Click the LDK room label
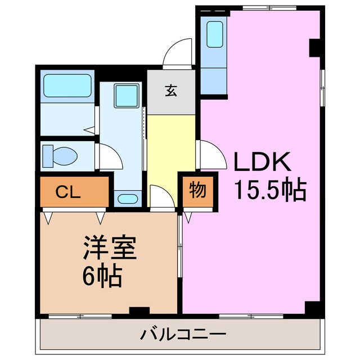(262, 164)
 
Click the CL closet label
(68, 191)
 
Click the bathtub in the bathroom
(67, 86)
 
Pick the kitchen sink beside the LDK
(215, 34)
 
